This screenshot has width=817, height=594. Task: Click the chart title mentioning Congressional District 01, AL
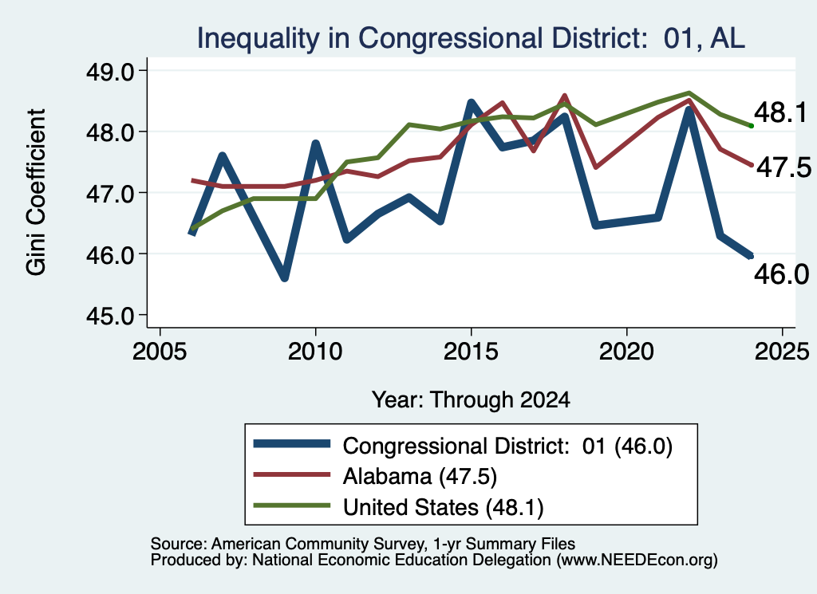(471, 38)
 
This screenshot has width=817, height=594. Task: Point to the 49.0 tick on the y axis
(110, 71)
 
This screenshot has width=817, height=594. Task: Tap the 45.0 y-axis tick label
(110, 316)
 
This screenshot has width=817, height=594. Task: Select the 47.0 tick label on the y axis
(110, 194)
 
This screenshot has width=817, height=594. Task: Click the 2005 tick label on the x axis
(160, 352)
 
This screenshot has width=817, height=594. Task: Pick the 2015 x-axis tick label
(471, 352)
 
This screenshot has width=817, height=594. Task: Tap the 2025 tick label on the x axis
(782, 352)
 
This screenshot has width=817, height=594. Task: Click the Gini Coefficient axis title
(36, 192)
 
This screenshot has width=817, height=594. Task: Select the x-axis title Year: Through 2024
(471, 399)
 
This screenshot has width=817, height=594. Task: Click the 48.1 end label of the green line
(780, 113)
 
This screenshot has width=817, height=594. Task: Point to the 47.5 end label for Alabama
(783, 167)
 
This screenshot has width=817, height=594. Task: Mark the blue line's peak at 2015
(471, 103)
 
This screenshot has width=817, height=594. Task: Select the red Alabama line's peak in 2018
(565, 96)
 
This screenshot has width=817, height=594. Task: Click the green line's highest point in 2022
(689, 92)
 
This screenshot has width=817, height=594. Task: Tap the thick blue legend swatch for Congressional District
(292, 444)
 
